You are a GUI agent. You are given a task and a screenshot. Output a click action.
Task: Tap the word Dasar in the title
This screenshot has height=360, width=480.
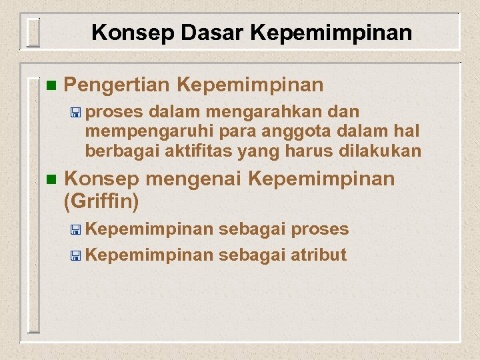coord(189,33)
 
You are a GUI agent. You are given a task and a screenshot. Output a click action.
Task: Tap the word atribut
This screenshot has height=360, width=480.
coord(319,255)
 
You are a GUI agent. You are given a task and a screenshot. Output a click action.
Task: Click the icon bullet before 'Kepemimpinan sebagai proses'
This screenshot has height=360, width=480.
coord(77,230)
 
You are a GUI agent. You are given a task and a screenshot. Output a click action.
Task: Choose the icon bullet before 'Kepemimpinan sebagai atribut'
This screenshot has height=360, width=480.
coord(77,255)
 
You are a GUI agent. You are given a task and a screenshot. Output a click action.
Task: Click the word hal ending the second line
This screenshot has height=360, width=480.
coord(406,131)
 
